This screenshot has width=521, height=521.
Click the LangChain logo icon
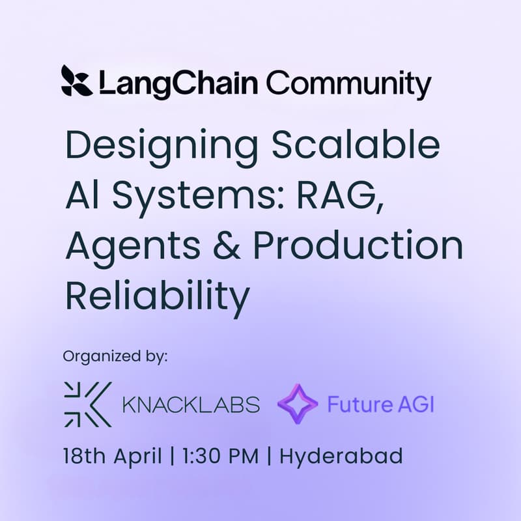click(76, 82)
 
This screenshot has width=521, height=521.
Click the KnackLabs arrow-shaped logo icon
click(87, 404)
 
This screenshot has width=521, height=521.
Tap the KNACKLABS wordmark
click(191, 404)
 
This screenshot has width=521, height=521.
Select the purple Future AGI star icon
click(298, 404)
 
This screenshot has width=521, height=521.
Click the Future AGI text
click(380, 404)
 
